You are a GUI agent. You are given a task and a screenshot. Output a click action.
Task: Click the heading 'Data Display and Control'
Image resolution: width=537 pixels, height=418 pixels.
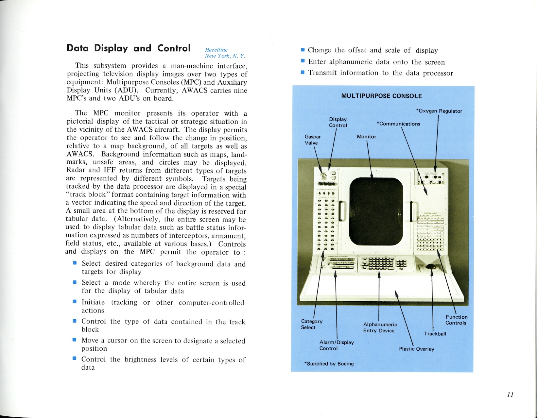point(128,48)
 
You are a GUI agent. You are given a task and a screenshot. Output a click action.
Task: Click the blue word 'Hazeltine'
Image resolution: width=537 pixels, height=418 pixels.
point(216,50)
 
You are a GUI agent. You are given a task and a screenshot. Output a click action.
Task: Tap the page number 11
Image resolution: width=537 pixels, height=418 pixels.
point(510,394)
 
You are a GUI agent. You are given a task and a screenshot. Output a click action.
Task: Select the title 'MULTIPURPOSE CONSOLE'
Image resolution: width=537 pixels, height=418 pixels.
point(381,96)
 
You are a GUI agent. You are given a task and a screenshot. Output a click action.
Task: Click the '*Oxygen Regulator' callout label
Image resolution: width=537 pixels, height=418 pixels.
point(439,111)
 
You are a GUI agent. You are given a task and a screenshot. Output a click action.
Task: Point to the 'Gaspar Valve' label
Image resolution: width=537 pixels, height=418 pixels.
point(312,140)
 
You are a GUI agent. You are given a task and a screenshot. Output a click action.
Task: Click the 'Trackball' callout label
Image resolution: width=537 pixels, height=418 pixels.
point(435,334)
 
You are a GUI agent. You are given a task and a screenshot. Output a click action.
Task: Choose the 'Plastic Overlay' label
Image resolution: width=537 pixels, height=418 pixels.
point(416,349)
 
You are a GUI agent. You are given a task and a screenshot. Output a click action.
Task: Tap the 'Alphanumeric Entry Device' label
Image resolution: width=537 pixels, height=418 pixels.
point(380,327)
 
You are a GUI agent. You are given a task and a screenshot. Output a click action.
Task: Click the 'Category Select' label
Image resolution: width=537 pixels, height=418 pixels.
point(311,324)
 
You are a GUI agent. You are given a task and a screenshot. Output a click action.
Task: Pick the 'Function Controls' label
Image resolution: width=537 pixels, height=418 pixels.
point(456,320)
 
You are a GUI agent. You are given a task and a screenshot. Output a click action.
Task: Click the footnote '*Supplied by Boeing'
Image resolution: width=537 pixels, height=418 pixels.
point(329,364)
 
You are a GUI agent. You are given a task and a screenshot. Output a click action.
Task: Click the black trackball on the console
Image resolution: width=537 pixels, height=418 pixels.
point(432,267)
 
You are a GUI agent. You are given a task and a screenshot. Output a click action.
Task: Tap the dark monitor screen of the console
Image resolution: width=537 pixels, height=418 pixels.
point(375,212)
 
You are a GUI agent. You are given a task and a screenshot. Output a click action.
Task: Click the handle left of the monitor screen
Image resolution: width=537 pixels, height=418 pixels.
point(342,211)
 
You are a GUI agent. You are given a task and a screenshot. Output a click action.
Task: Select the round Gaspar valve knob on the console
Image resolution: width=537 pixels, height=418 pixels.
point(324,176)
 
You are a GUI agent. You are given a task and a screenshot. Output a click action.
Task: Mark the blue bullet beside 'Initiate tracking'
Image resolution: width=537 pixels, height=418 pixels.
point(75,302)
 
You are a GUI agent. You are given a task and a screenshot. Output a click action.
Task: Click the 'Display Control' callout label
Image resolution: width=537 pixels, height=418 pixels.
point(338,122)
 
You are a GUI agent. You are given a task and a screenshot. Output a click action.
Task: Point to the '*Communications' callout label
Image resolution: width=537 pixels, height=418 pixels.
point(398,124)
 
